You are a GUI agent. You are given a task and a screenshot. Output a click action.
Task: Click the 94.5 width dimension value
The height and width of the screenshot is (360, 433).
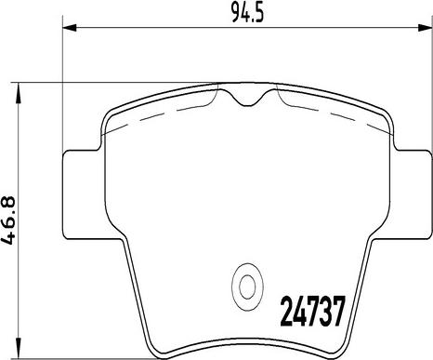[248, 14]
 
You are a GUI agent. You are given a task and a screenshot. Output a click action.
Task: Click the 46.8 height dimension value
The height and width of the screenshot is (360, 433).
[8, 220]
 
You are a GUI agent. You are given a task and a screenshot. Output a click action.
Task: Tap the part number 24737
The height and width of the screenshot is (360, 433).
[312, 311]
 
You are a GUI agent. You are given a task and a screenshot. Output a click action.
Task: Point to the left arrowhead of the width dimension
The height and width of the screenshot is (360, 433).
[70, 27]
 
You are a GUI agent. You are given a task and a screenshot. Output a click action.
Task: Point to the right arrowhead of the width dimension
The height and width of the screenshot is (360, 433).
[426, 27]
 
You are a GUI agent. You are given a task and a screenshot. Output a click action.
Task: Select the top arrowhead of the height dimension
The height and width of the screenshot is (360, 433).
[20, 90]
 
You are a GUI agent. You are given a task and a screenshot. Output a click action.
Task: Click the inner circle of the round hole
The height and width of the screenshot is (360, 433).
[247, 287]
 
